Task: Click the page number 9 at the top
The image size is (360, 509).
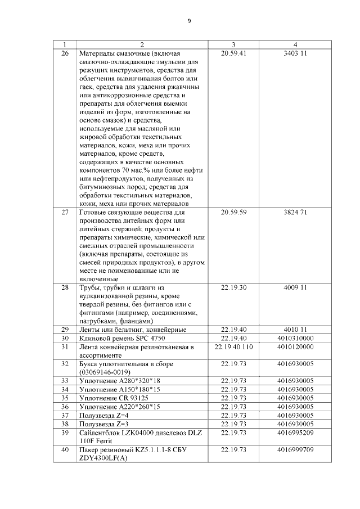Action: click(x=190, y=21)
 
